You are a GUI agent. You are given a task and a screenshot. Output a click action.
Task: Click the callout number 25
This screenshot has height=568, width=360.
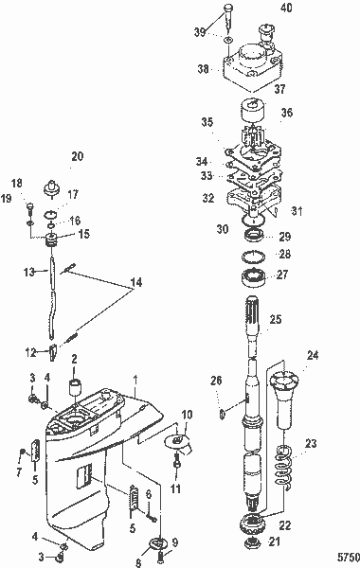coord(275,321)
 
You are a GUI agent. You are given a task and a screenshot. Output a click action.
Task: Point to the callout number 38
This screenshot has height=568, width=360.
coord(202,68)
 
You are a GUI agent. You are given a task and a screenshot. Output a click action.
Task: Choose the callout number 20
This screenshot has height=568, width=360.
coord(77,156)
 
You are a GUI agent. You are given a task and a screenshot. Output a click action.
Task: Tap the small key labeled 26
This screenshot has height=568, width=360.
coord(221,413)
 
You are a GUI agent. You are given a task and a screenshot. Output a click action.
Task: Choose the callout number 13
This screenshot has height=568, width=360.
coord(28,271)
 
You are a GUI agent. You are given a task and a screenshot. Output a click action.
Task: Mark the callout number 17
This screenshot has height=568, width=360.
coord(72,194)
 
